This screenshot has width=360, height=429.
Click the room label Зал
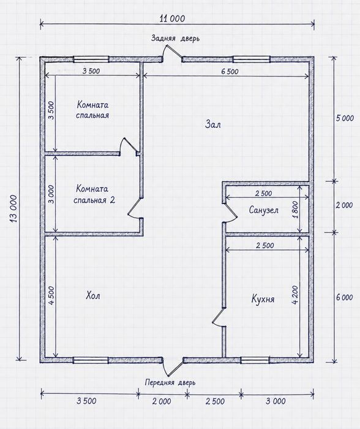point(212,124)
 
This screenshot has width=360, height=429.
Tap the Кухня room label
point(263,299)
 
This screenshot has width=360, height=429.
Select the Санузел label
point(263,210)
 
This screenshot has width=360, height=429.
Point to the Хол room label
point(93,295)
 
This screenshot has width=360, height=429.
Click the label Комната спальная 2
point(94,194)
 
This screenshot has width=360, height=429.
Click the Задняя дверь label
point(176,38)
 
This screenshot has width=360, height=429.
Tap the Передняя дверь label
point(170,382)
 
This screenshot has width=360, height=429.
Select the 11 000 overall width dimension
point(172,18)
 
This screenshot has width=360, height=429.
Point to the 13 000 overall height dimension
point(13,208)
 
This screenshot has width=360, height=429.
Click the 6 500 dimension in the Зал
point(230,72)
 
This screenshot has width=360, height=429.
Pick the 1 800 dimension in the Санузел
point(295,210)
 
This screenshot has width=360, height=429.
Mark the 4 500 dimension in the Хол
point(52,295)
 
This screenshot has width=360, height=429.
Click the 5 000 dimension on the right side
point(345,118)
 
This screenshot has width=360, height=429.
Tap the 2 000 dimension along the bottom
point(162,401)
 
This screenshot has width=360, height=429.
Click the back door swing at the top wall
point(172,53)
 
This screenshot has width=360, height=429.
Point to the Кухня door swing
point(219,317)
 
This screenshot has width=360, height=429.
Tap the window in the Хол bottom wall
point(91,360)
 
